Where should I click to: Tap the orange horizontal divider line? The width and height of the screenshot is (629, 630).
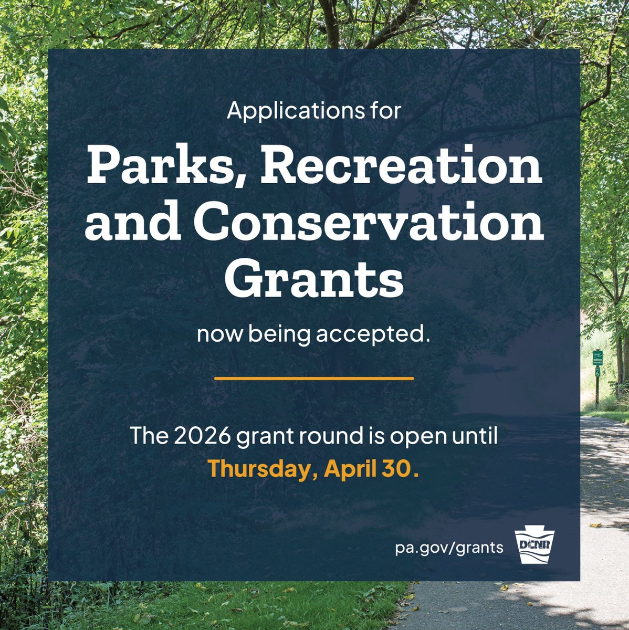point(314,378)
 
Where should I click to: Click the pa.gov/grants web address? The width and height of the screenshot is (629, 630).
point(449,548)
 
